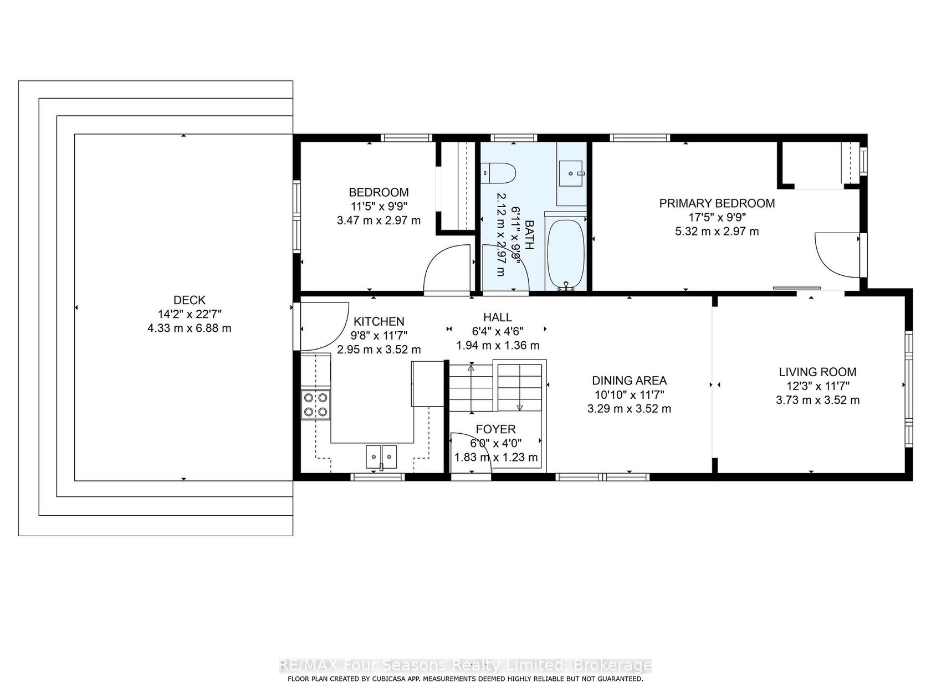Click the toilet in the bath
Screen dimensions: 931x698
tap(499, 173)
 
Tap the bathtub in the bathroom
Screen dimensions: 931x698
tap(566, 255)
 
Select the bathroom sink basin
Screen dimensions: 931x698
tap(572, 173)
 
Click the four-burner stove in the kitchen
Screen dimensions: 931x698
tap(316, 405)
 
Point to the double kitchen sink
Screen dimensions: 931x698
tap(381, 456)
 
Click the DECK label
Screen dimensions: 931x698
tap(190, 300)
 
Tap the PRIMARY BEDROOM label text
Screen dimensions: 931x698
tap(717, 203)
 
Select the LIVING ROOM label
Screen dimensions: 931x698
tap(817, 372)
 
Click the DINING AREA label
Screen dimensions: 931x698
tap(630, 381)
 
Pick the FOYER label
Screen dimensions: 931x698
tap(495, 429)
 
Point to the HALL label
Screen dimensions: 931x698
tap(498, 317)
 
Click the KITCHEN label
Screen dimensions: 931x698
tap(378, 321)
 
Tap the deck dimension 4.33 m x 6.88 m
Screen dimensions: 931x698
tap(189, 328)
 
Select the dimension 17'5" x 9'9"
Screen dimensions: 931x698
tap(717, 217)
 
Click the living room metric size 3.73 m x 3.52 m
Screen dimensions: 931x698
tap(817, 400)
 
